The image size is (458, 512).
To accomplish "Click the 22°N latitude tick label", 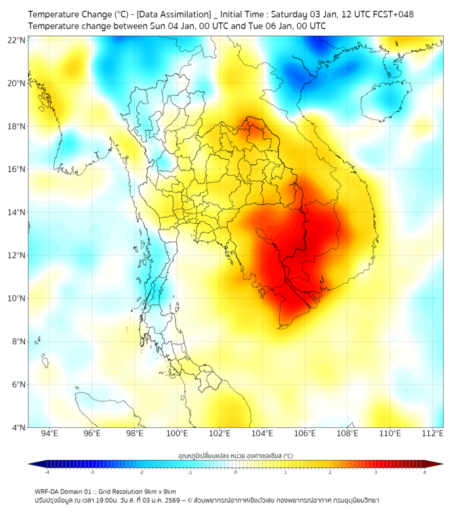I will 16,40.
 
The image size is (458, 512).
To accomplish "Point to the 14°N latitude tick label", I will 16,213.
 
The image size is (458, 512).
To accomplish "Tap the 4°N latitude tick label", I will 18,427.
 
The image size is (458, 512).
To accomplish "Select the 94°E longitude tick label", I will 49,433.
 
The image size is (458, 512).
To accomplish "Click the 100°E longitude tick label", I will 177,433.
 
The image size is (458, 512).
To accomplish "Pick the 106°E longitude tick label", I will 305,433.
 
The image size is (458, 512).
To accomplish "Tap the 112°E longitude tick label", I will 433,433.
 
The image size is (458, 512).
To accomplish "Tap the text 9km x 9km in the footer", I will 158,491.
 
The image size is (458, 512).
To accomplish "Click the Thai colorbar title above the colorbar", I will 235,456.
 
